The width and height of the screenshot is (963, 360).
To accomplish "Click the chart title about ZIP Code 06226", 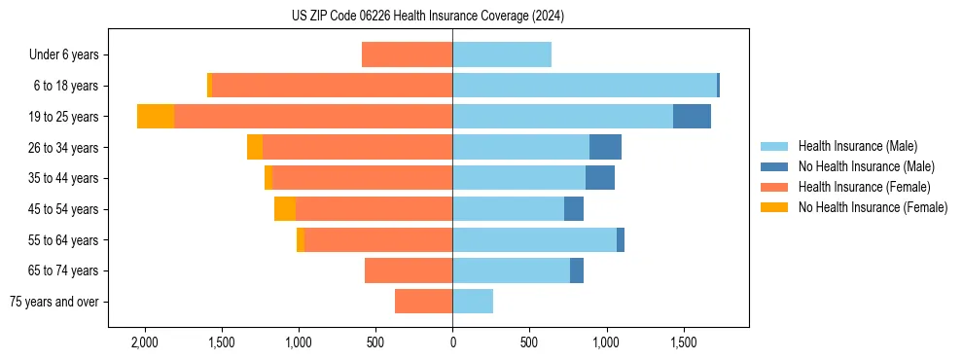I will point(427,17).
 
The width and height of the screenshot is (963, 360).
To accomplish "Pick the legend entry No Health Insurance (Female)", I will point(873,207).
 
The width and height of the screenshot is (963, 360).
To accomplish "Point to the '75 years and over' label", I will point(54,302).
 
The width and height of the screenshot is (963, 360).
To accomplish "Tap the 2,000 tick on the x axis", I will point(144,343).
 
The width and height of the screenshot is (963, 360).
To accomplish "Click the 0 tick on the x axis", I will point(452,343).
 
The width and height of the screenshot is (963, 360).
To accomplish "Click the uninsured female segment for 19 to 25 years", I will point(156,117).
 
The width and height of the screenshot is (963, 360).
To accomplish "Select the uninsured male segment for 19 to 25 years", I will point(692,117).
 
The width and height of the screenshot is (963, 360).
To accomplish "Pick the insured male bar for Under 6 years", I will point(502,54).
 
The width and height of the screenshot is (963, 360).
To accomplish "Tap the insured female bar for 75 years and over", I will point(423,302).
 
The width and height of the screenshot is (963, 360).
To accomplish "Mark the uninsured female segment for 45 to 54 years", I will point(285,209).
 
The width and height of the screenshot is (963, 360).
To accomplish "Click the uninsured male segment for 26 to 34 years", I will point(605,147).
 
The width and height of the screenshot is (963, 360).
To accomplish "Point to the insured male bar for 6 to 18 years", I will point(584,86).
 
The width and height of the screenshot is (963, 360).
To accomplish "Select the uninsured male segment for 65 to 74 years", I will point(577,270).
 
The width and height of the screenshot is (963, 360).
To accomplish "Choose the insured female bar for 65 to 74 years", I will point(409,270).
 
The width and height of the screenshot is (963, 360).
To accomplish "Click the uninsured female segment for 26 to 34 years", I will point(255,147).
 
